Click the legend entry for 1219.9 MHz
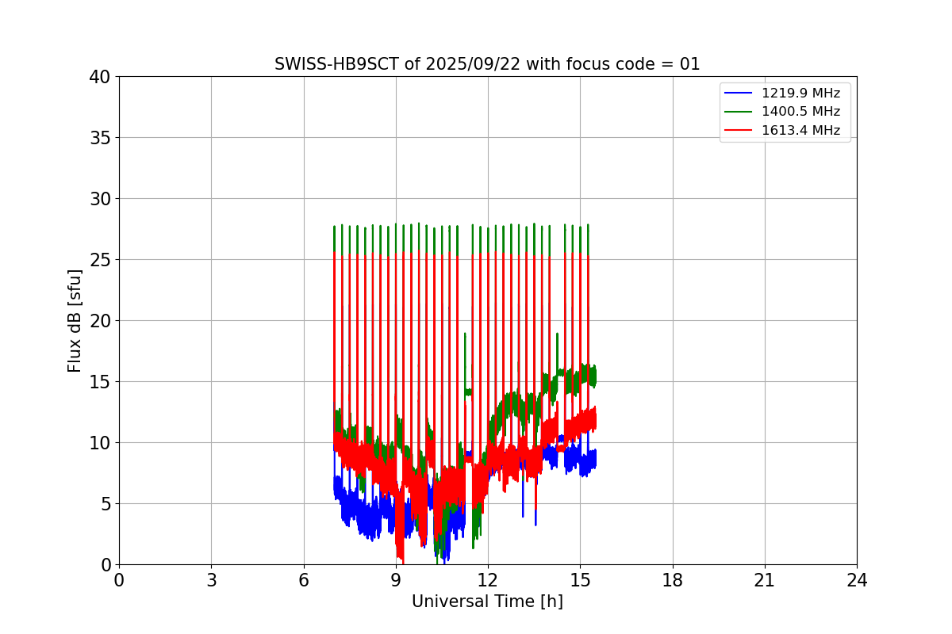806,94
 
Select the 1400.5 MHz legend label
806,112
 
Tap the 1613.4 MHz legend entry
806,130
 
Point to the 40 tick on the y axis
100,77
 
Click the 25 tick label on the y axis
100,260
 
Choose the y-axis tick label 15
100,382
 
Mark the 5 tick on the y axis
105,504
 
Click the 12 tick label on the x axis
488,581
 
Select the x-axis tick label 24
857,581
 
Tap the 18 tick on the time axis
673,581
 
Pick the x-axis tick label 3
211,581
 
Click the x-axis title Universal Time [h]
487,602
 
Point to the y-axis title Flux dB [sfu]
75,320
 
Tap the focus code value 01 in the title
689,64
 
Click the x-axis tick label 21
765,581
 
